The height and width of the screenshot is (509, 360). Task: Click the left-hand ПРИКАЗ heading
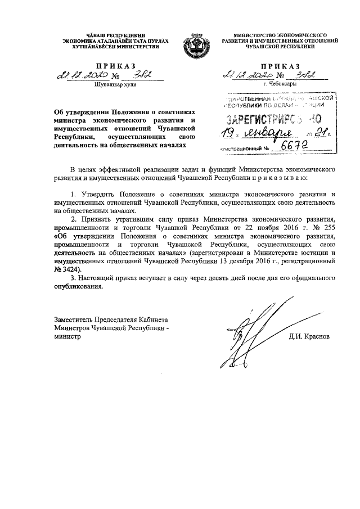(x=111, y=66)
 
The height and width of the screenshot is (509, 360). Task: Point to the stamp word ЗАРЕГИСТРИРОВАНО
(x=273, y=119)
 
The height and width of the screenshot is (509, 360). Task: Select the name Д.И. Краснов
(x=309, y=337)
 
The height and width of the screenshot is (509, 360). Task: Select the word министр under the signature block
(x=66, y=337)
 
